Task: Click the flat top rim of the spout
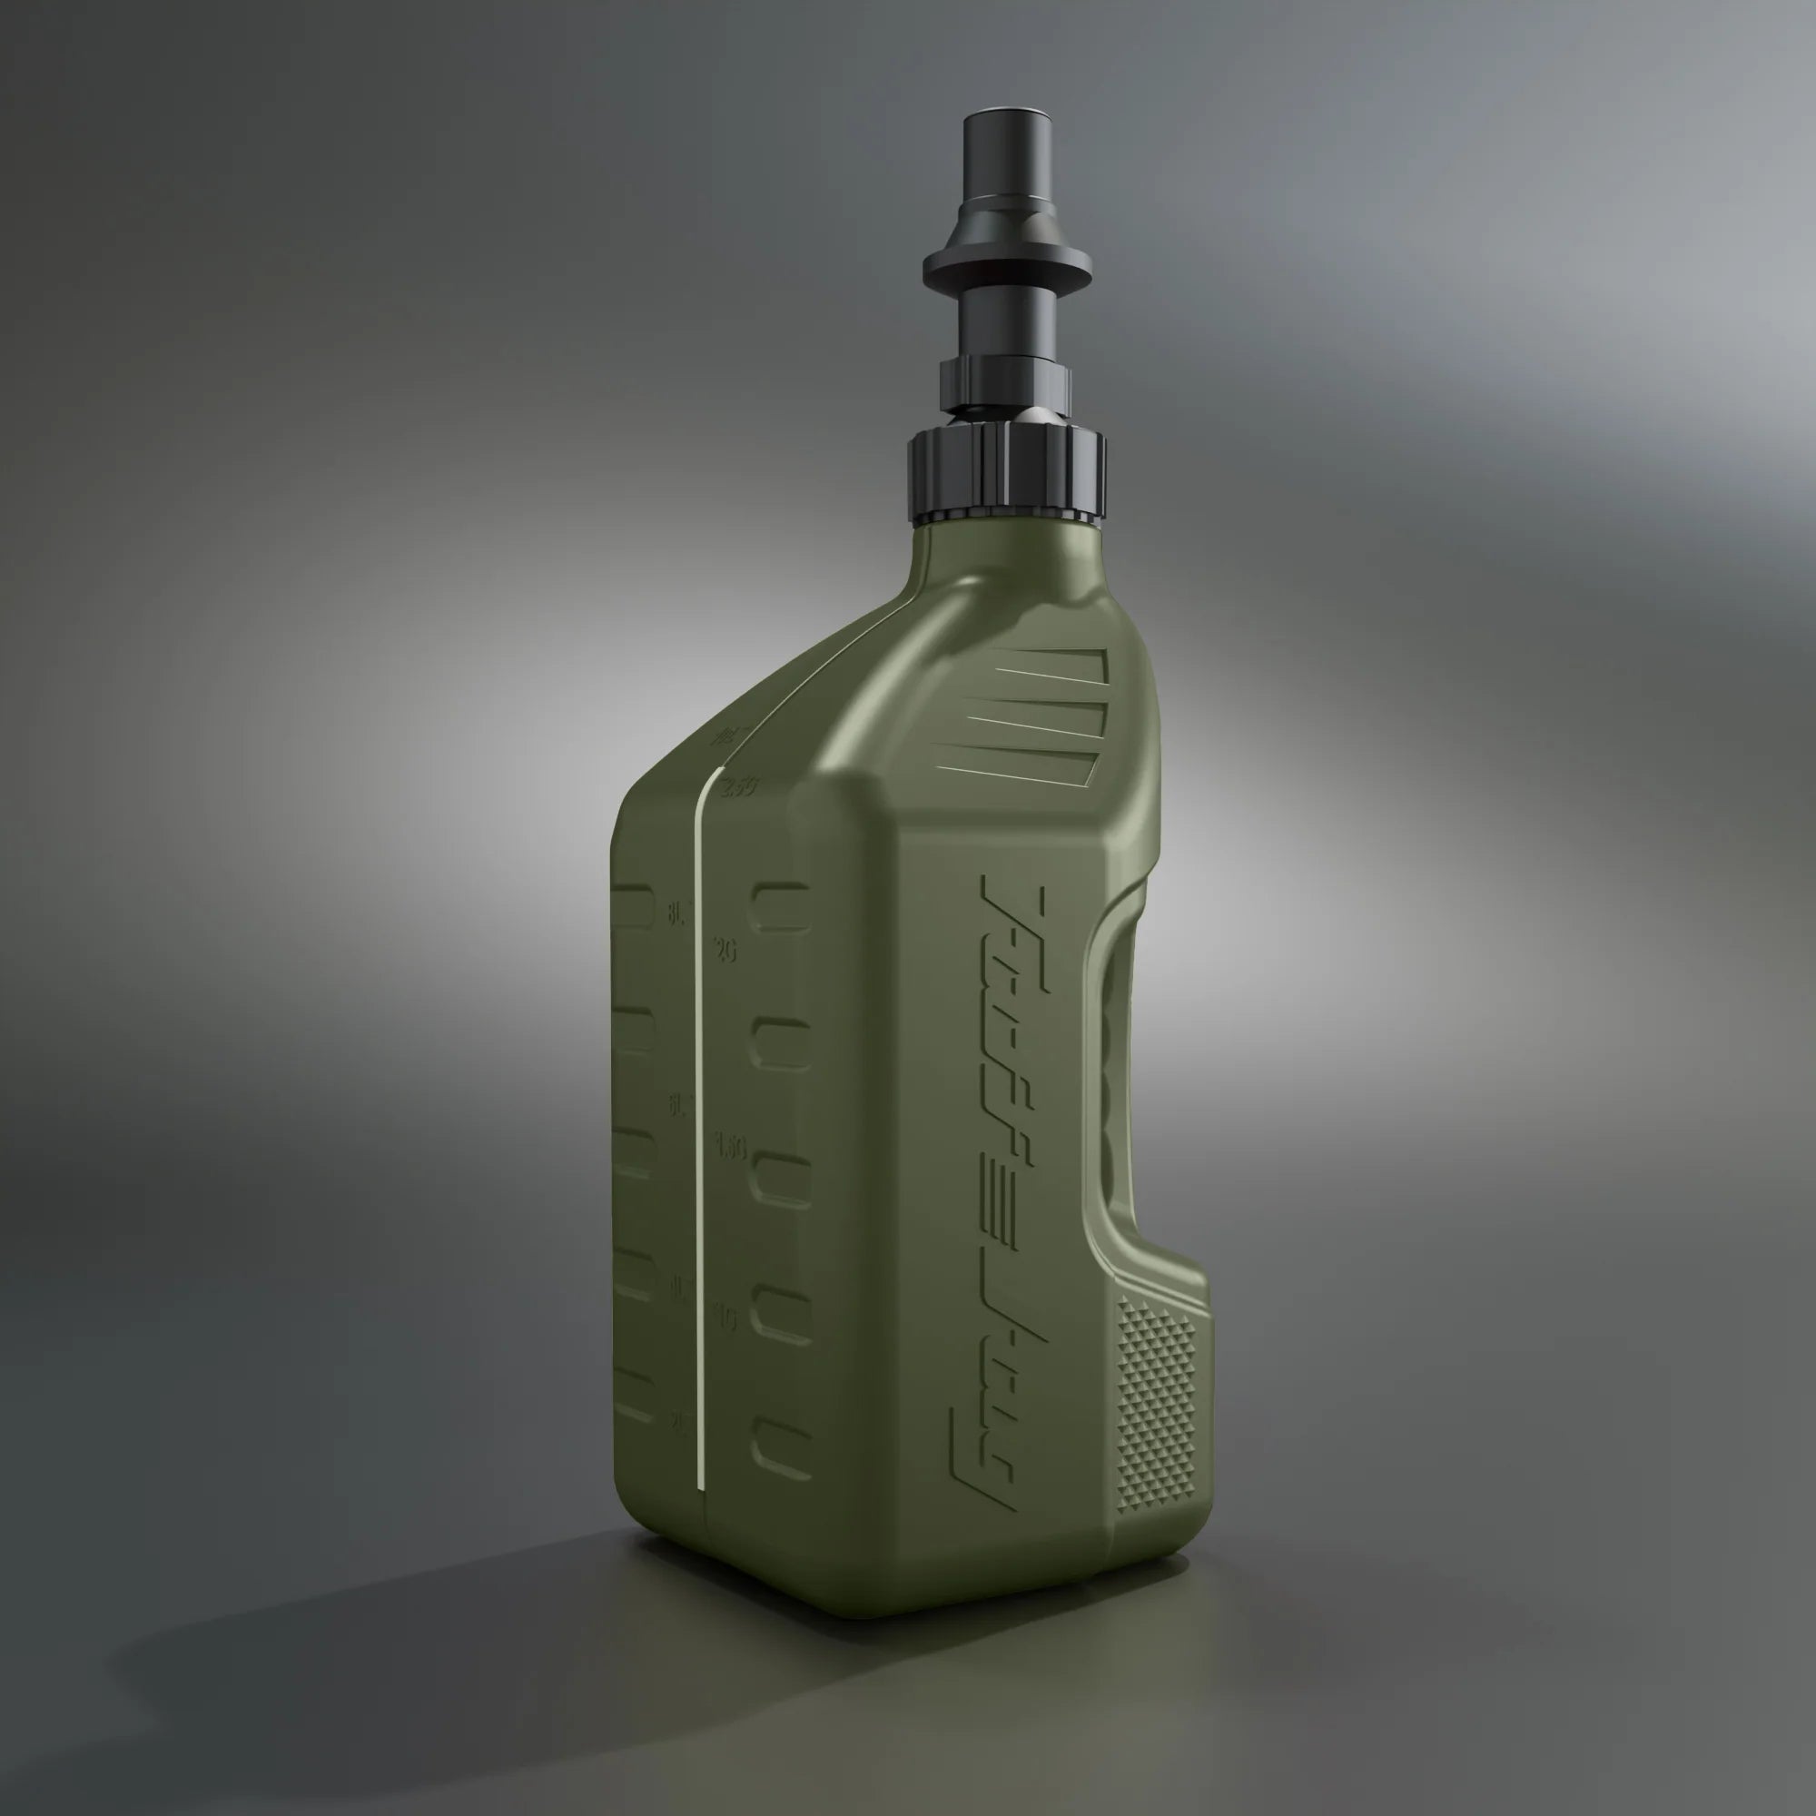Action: tap(1005, 118)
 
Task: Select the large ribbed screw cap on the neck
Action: tap(1006, 475)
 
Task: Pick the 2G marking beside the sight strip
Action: tap(725, 951)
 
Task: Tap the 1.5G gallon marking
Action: tap(730, 1147)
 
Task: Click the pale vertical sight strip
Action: tap(699, 1128)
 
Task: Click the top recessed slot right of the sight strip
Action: tap(780, 906)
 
